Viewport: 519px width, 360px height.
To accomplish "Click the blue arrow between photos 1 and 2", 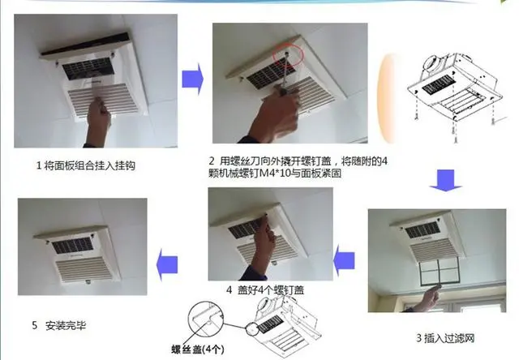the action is (x=193, y=79).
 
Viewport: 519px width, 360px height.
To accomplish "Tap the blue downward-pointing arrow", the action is (x=445, y=180).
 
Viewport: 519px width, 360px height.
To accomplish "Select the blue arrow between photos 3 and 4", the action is (x=344, y=261).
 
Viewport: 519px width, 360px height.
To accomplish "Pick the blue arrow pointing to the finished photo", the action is (x=167, y=264).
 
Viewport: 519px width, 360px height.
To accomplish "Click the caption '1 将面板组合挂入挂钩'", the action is (x=86, y=165).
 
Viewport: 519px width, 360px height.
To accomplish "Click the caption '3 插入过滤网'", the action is (x=445, y=338).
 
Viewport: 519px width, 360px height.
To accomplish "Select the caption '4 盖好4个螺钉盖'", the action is (x=265, y=290).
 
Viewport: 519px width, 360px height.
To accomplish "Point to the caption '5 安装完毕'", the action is (x=59, y=326).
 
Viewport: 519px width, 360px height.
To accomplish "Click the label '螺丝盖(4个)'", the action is (x=198, y=349).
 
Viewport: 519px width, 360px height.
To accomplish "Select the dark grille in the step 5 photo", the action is (x=72, y=245).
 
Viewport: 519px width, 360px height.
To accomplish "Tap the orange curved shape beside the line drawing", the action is (x=386, y=98).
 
